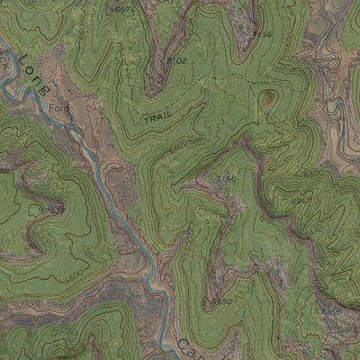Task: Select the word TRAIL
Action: pos(157,117)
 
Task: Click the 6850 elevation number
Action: pos(221,301)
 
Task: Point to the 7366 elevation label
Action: pos(330,311)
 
